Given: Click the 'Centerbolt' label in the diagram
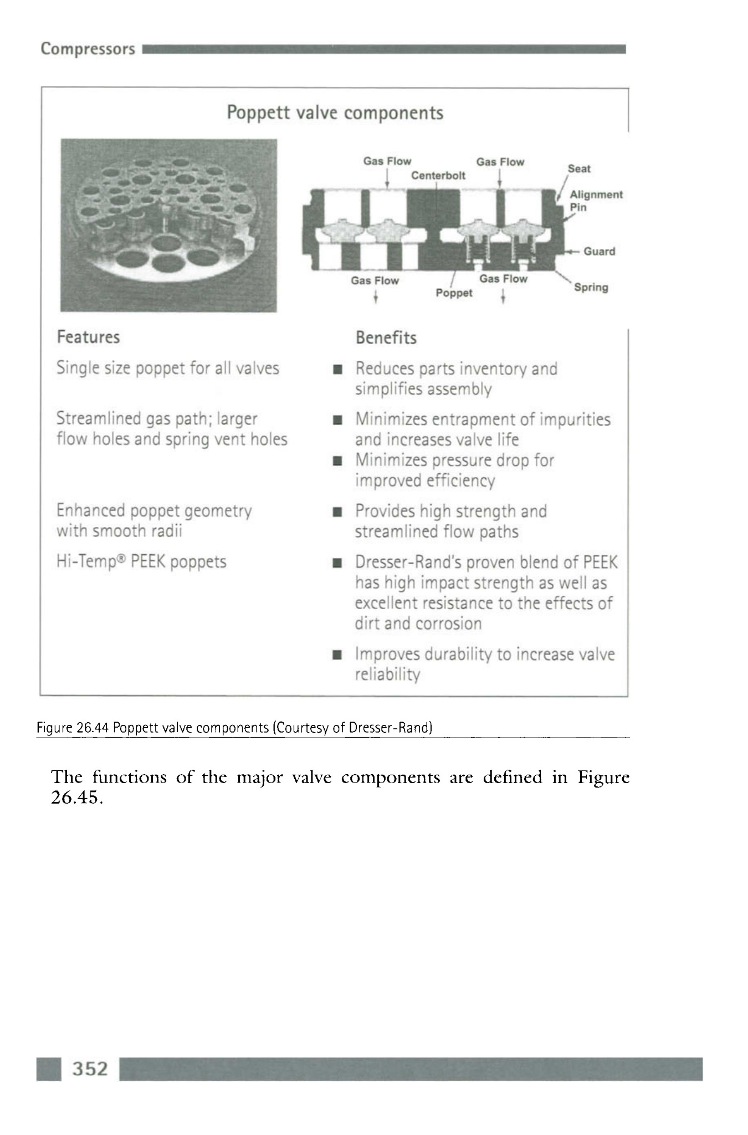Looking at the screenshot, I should pos(438,176).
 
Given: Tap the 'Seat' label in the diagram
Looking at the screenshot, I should pos(578,168).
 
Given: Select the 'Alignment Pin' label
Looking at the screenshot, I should pos(596,201).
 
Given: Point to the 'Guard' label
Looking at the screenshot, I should pos(599,251).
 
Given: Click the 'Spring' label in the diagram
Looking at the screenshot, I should pos(591,287).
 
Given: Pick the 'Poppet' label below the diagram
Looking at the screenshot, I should pos(454,293).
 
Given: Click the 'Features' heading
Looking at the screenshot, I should pos(88,337).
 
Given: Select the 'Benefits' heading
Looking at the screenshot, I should pos(386,338).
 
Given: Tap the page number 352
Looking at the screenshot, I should pos(90,1068).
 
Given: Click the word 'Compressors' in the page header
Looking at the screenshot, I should pos(88,49).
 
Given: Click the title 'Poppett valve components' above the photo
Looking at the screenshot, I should pos(335,113).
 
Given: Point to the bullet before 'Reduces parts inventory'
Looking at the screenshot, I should pos(336,370).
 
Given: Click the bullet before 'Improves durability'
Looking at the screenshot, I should pos(336,655).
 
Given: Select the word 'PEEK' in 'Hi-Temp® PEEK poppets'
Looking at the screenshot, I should pos(148,561).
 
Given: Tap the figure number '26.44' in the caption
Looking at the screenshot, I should pos(91,727).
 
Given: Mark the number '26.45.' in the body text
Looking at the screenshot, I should pos(76,797).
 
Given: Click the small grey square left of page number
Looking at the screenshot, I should pos(49,1069).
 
